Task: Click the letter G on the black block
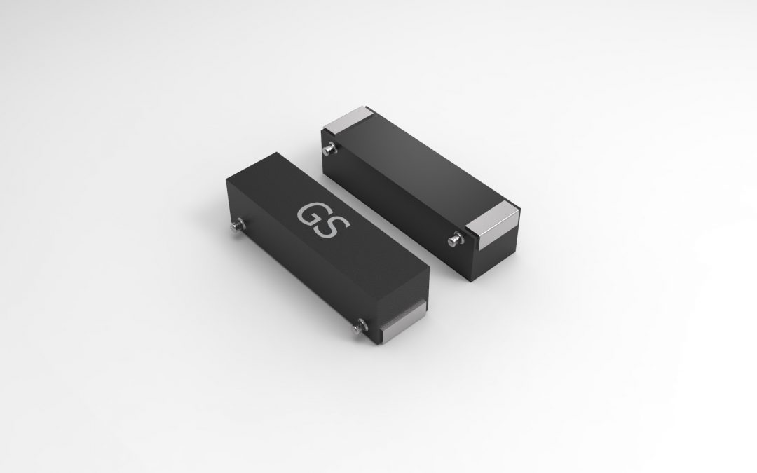coord(309,214)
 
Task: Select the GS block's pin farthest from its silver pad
coord(238,226)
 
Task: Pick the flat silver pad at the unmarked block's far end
coord(348,119)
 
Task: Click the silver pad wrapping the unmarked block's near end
coord(493,225)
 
